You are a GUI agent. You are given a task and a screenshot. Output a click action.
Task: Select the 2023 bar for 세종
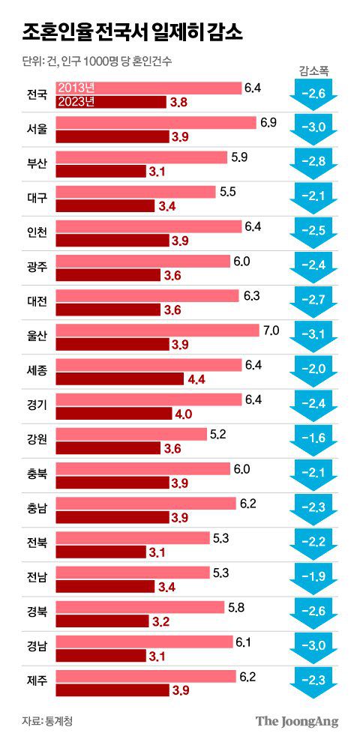(x=120, y=379)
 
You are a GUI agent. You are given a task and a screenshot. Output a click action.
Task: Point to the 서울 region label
(x=36, y=129)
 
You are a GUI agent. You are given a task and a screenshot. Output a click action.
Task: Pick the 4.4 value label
(x=196, y=379)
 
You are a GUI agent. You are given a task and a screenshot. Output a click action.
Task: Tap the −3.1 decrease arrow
(x=313, y=336)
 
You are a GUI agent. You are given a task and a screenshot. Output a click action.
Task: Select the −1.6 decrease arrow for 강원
(x=313, y=440)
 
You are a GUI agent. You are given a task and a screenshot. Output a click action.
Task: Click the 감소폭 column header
(x=313, y=72)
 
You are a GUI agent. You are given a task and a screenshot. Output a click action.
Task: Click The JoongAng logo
(x=297, y=721)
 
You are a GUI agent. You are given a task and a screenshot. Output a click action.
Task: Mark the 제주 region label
(x=36, y=682)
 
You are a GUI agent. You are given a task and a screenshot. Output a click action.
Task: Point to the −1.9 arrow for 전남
(x=313, y=579)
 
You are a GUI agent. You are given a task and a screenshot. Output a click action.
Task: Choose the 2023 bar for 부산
(x=100, y=171)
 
